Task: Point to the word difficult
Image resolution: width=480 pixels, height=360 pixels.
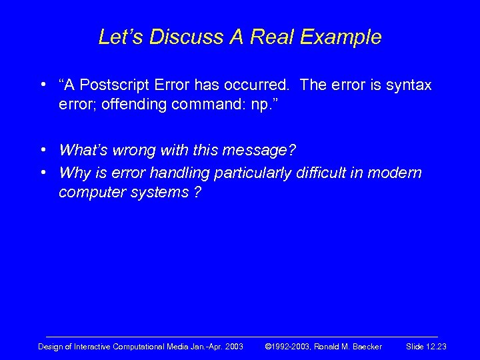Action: click(308, 173)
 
